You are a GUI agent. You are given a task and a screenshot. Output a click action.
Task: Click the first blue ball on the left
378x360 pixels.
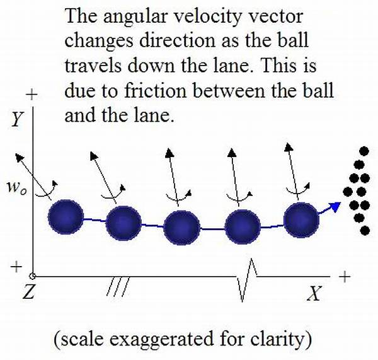pos(66,217)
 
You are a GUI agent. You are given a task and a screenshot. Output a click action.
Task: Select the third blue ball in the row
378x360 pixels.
pos(182,228)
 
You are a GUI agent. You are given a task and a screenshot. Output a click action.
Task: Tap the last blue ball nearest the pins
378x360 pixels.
pos(301,220)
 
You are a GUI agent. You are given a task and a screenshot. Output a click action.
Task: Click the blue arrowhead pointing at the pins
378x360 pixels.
pos(335,207)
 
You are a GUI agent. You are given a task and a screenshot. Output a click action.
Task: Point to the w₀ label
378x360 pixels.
pos(16,188)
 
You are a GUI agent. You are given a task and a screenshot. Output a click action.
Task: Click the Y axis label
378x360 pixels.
pos(17,119)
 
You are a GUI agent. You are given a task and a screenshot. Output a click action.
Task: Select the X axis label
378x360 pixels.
pos(314,293)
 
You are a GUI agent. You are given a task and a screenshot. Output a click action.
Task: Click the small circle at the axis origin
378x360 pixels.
pos(33,276)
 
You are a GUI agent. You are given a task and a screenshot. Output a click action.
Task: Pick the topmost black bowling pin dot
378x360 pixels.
pos(364,151)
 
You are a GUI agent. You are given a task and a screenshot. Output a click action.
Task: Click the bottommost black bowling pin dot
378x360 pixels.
pos(365,230)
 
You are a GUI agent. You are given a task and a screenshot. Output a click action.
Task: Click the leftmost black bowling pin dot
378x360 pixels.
pos(348,192)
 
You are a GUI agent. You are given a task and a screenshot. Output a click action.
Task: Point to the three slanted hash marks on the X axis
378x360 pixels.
pos(118,286)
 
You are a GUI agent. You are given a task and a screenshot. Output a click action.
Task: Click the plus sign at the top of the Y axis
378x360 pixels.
pos(32,95)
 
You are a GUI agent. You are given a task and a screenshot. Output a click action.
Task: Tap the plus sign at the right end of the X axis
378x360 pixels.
pos(345,276)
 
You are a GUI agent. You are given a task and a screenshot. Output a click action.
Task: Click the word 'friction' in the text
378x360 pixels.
pos(155,91)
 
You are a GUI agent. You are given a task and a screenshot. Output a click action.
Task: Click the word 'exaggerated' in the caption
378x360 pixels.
pos(162,339)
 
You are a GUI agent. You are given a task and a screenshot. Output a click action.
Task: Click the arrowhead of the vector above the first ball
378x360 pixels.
pos(20,158)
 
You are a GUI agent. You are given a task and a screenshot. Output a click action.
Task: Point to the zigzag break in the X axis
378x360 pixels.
pos(247,280)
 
